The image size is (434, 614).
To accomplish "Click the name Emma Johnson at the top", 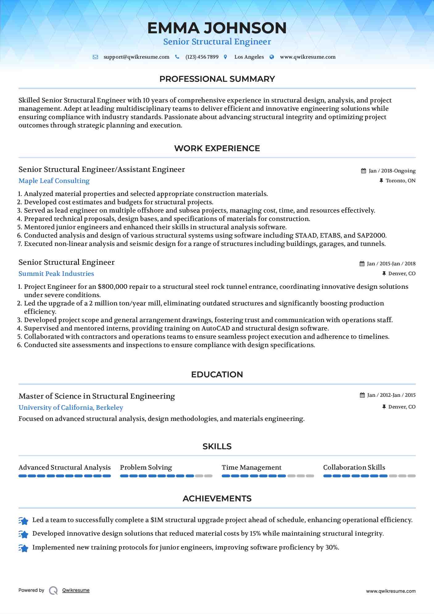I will [217, 28].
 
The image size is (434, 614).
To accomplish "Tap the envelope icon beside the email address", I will [96, 57].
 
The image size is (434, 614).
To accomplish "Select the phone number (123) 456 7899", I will [202, 57].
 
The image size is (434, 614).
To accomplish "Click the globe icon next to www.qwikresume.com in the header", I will [272, 57].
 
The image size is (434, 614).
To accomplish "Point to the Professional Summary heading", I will [217, 79].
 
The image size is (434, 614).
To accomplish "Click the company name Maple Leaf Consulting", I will [54, 181].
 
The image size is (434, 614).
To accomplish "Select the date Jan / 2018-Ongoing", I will [392, 171].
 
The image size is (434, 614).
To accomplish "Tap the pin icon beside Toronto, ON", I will [381, 181].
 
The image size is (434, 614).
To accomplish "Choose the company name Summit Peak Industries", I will [56, 274].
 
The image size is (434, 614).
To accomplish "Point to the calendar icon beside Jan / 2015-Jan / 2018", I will [362, 264].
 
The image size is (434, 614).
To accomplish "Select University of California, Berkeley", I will [71, 408].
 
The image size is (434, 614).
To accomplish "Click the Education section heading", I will [217, 375].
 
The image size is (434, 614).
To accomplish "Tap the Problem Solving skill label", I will [146, 467].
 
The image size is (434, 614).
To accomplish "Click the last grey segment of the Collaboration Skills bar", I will [412, 476].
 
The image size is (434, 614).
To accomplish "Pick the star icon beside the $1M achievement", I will [23, 521].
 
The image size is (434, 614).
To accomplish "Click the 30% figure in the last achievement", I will [332, 547].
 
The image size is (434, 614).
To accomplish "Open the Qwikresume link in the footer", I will [76, 590].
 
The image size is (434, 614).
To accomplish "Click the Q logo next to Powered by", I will [53, 591].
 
